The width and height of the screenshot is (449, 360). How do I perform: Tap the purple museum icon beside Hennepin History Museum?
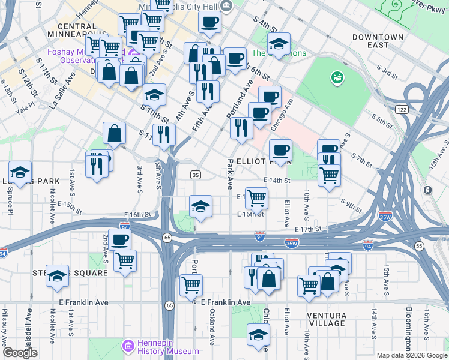127,346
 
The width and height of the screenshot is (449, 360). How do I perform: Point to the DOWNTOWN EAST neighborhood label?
378,41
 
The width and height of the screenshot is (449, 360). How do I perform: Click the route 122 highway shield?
402,109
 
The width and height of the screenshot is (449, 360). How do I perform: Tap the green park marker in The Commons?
337,77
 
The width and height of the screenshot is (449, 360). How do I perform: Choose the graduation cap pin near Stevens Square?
58,275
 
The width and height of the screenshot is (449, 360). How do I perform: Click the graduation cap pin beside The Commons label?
279,43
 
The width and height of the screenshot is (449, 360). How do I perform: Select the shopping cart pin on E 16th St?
256,197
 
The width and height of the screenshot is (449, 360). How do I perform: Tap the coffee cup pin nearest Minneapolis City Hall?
209,23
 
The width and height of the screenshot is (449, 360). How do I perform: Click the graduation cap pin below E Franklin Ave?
258,334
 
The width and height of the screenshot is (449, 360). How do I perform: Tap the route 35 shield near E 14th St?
196,175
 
